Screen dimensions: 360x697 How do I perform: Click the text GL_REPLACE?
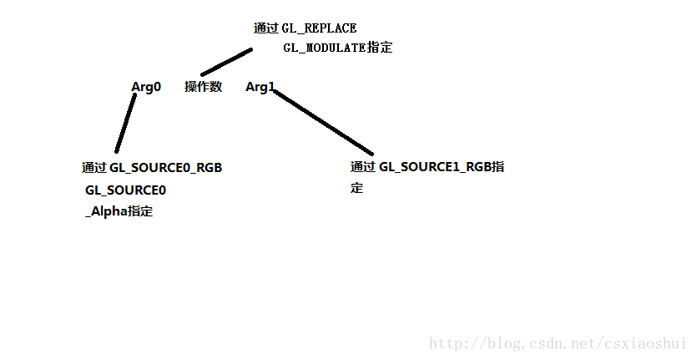pos(319,28)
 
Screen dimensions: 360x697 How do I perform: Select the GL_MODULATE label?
pos(324,48)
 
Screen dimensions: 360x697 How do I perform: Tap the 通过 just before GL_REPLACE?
pos(265,28)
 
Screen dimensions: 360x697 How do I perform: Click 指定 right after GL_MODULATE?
pos(380,48)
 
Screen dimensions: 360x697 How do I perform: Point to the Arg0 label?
pos(146,87)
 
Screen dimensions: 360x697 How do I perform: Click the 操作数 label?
pos(203,87)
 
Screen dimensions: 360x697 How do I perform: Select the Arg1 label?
pos(260,87)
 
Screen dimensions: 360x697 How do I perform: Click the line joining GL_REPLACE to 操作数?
pos(226,62)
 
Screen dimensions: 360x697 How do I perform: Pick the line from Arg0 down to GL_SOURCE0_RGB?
pos(126,123)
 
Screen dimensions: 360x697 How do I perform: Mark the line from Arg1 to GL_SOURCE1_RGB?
pos(322,124)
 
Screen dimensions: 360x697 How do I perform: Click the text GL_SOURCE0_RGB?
pos(165,168)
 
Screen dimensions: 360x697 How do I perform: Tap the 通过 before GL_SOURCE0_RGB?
pos(93,168)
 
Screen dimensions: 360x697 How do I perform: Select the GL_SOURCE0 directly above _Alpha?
pos(125,190)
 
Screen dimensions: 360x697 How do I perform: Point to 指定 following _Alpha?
pos(139,212)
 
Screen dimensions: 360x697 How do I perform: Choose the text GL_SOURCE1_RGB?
pos(435,167)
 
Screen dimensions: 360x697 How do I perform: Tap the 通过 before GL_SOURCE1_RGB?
pos(363,167)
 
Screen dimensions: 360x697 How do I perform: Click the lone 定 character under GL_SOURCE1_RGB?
pos(357,189)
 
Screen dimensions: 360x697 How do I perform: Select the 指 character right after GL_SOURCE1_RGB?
pos(497,167)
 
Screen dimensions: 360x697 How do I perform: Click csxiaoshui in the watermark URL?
pos(646,344)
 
